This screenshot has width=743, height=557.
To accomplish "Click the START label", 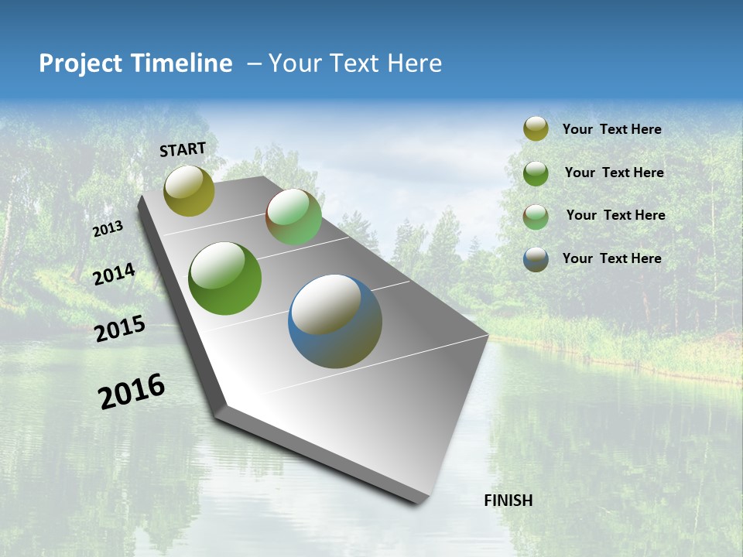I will (x=183, y=149).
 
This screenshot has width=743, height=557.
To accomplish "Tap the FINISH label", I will (x=508, y=501).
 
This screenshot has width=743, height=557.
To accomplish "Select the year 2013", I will (x=108, y=229).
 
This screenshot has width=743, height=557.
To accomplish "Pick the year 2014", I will (x=114, y=275).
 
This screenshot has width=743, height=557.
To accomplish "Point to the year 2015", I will (x=120, y=329).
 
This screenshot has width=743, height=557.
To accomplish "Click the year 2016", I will (x=132, y=391).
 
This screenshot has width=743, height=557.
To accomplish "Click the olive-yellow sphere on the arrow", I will (x=189, y=190).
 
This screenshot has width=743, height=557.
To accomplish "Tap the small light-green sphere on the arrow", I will (x=293, y=217).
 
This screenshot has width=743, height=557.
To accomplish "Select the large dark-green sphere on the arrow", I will (x=224, y=278).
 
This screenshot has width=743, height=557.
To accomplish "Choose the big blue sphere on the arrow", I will (x=335, y=321).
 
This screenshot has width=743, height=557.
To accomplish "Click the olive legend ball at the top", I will (x=536, y=128).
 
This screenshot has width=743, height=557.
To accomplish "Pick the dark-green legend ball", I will (x=536, y=173).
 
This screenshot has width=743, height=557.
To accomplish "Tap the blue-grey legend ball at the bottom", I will (x=536, y=259).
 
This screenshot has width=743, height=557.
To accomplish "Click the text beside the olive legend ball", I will (x=611, y=129).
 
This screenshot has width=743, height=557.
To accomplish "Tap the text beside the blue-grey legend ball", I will (x=611, y=258).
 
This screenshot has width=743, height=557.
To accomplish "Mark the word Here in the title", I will (x=414, y=63).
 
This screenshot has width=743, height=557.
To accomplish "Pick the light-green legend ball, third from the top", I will (x=536, y=217).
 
